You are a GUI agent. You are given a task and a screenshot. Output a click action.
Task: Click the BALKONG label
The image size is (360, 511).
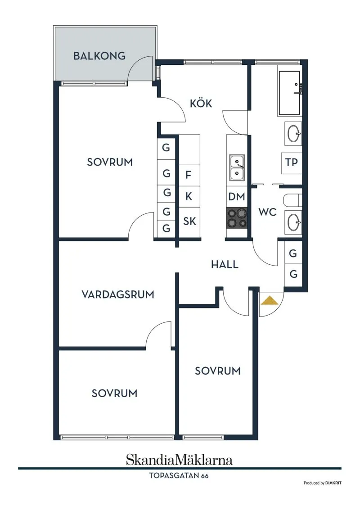[x=99, y=56]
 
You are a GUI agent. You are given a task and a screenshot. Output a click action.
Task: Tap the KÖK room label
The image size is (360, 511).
[x=201, y=104]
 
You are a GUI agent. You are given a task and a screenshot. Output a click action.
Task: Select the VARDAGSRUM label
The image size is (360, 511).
[x=118, y=294]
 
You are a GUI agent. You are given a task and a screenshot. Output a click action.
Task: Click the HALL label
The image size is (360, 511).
[x=225, y=265]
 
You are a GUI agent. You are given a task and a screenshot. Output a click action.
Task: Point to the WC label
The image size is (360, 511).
[x=267, y=212]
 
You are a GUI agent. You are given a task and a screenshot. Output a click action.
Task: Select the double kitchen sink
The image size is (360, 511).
[x=237, y=167]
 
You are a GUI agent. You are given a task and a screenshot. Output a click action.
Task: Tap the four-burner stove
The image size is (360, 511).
[x=237, y=218]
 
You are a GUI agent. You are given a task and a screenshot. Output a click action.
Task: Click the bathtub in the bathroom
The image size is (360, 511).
[x=289, y=92]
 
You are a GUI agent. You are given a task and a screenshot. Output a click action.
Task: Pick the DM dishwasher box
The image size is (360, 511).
[x=237, y=196]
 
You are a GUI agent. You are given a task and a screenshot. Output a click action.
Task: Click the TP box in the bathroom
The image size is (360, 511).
[x=292, y=163]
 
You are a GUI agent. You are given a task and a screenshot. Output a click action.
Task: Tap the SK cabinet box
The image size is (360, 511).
[x=189, y=221]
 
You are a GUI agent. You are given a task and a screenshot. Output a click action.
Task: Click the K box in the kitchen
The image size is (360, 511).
[x=189, y=196]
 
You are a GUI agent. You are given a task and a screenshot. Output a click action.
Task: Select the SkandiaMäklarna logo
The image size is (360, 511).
[x=179, y=460]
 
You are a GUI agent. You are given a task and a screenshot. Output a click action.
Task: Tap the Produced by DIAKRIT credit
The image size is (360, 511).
[x=322, y=483]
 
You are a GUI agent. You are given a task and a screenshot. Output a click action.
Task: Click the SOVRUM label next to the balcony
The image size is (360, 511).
[x=110, y=162]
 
